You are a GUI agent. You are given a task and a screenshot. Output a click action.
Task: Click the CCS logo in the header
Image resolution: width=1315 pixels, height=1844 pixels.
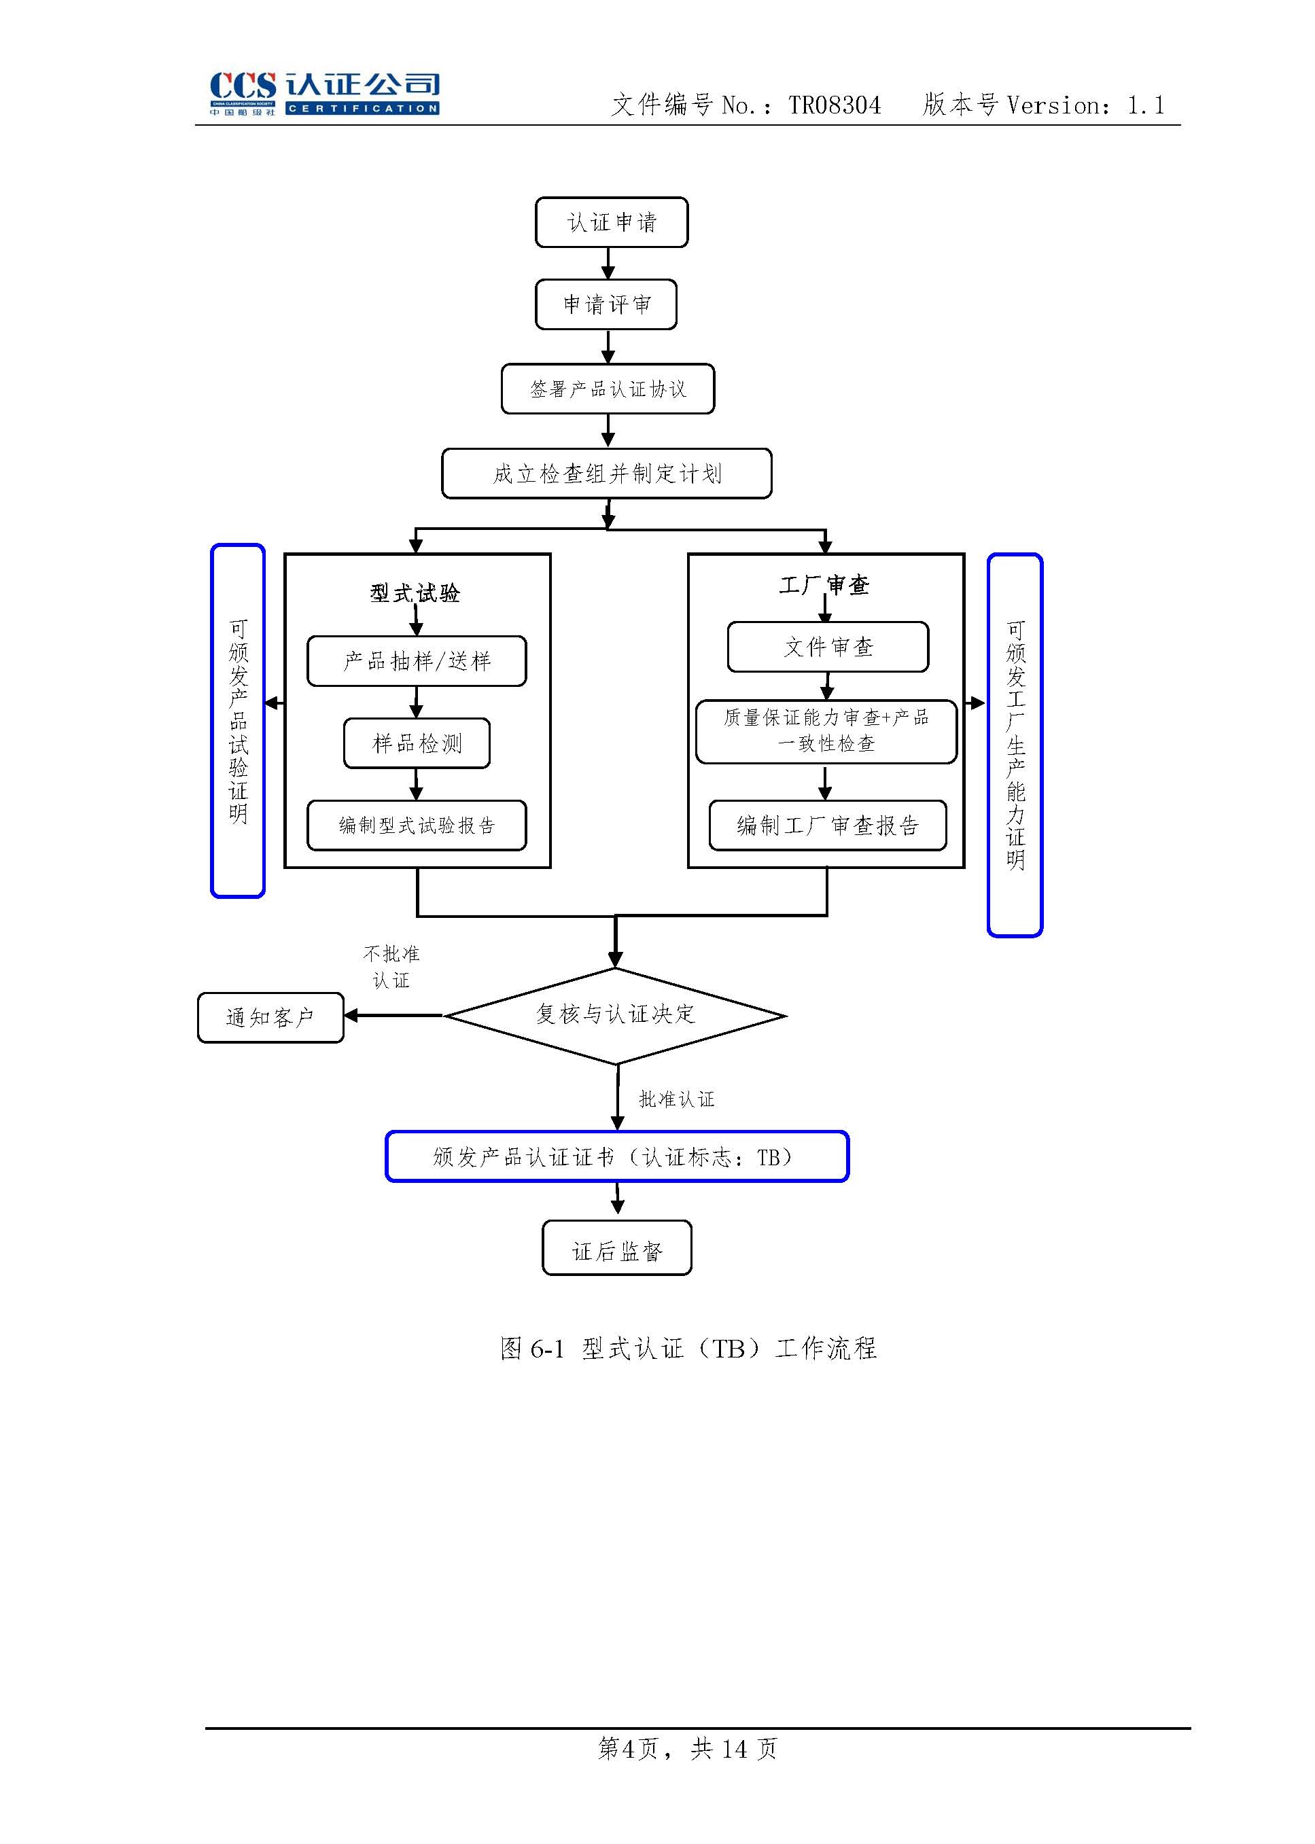[x=324, y=93]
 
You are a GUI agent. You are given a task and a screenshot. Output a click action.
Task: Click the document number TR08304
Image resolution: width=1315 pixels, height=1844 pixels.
[x=834, y=105]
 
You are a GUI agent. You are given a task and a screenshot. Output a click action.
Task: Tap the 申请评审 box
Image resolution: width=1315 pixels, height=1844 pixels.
[x=606, y=305]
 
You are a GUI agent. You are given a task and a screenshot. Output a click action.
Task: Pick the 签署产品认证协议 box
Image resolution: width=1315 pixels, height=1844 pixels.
[x=608, y=389]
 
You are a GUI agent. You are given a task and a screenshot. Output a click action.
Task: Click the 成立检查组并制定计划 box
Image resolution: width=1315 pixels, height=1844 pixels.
[x=606, y=474]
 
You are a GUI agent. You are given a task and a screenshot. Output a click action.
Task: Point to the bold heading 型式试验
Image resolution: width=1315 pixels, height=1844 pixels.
[x=415, y=593]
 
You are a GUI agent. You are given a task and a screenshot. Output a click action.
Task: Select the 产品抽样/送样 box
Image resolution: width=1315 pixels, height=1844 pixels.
[x=416, y=661]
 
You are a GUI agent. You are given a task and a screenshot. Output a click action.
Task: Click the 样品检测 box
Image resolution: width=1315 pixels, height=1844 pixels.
[x=416, y=743]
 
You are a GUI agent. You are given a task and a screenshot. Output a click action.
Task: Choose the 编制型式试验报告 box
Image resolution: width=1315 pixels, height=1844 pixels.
[x=416, y=826]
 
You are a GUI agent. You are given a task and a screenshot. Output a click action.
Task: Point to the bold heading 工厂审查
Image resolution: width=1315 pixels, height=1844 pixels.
[x=824, y=585]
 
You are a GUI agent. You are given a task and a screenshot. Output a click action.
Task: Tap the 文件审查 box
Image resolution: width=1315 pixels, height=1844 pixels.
[x=828, y=647]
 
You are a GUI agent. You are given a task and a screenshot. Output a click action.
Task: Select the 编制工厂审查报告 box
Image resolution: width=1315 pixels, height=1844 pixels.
[x=828, y=826]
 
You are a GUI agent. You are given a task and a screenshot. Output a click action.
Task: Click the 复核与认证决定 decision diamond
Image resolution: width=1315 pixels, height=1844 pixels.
[x=616, y=1015]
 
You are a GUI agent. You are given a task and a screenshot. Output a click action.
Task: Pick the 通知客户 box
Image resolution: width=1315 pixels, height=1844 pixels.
[x=270, y=1018]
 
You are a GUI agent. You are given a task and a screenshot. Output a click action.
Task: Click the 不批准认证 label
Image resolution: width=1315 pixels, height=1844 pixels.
[x=391, y=967]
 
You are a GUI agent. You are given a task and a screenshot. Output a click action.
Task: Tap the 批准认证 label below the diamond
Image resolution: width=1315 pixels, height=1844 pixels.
[x=676, y=1099]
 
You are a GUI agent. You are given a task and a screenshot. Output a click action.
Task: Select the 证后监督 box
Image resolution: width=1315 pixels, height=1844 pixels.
[x=616, y=1252]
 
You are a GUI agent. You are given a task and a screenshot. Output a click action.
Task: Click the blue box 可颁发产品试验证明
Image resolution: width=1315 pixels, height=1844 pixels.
[x=238, y=720]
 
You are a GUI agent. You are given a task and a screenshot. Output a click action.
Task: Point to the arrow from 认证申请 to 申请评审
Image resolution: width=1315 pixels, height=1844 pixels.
[x=608, y=263]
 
